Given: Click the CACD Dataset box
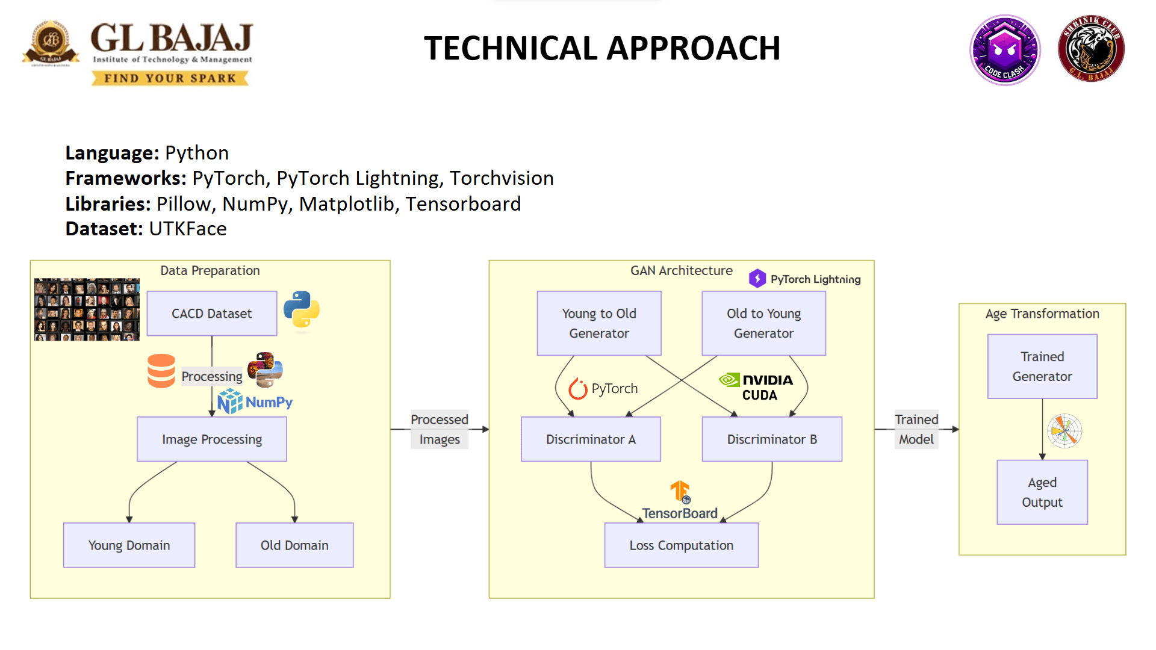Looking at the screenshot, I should click(211, 314).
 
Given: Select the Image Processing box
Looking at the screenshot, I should click(211, 439).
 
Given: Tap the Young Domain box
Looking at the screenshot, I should click(129, 545).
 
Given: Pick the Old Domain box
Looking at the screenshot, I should click(294, 545).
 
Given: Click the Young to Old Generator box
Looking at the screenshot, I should click(598, 323).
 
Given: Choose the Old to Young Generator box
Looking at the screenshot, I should click(763, 323).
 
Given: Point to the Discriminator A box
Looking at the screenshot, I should click(591, 439).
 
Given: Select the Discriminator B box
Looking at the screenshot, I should click(772, 439).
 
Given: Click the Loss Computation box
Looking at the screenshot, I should click(681, 545).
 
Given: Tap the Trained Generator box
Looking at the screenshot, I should click(1042, 366).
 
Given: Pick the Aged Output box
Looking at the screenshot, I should click(1042, 492).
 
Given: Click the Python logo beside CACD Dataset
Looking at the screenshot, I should click(301, 310).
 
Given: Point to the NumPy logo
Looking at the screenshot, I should click(255, 402).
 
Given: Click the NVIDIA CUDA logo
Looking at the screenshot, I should click(756, 387).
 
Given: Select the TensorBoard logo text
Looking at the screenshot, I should click(680, 513).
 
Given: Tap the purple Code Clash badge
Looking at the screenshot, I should click(1004, 50).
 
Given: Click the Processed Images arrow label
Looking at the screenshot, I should click(439, 429).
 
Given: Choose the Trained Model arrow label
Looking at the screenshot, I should click(916, 429).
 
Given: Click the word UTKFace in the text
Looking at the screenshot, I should click(188, 229).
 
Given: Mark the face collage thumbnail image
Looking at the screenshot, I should click(87, 309).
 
